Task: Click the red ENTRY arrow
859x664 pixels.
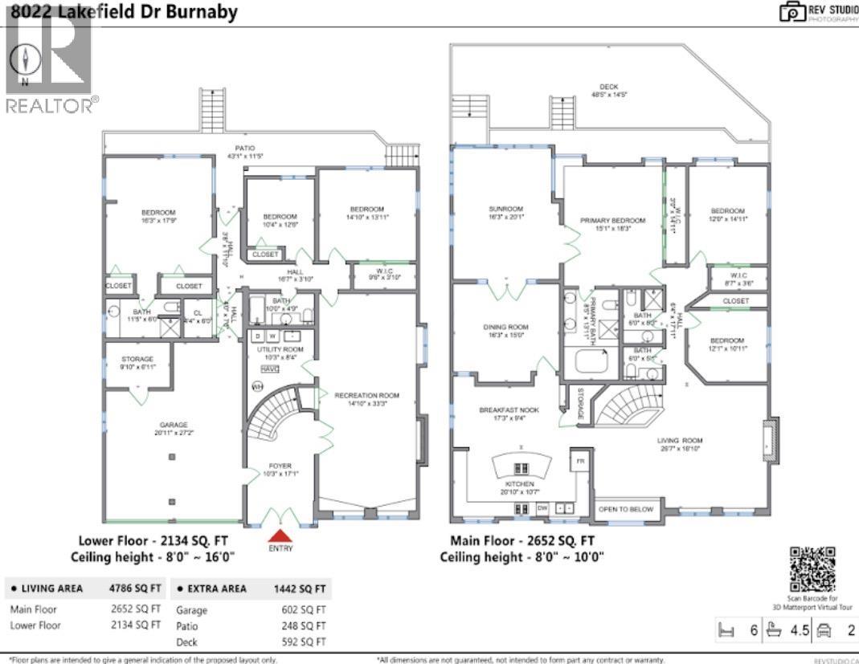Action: tap(280, 536)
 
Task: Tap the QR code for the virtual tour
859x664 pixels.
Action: tap(813, 568)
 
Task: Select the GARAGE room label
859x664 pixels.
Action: tap(170, 426)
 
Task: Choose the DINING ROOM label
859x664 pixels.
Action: tap(505, 327)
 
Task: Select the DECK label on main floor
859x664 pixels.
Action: tap(608, 88)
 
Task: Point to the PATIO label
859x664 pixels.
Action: tap(244, 148)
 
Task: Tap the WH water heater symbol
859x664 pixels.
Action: tap(259, 387)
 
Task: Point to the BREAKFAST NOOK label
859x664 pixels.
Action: tap(509, 409)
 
